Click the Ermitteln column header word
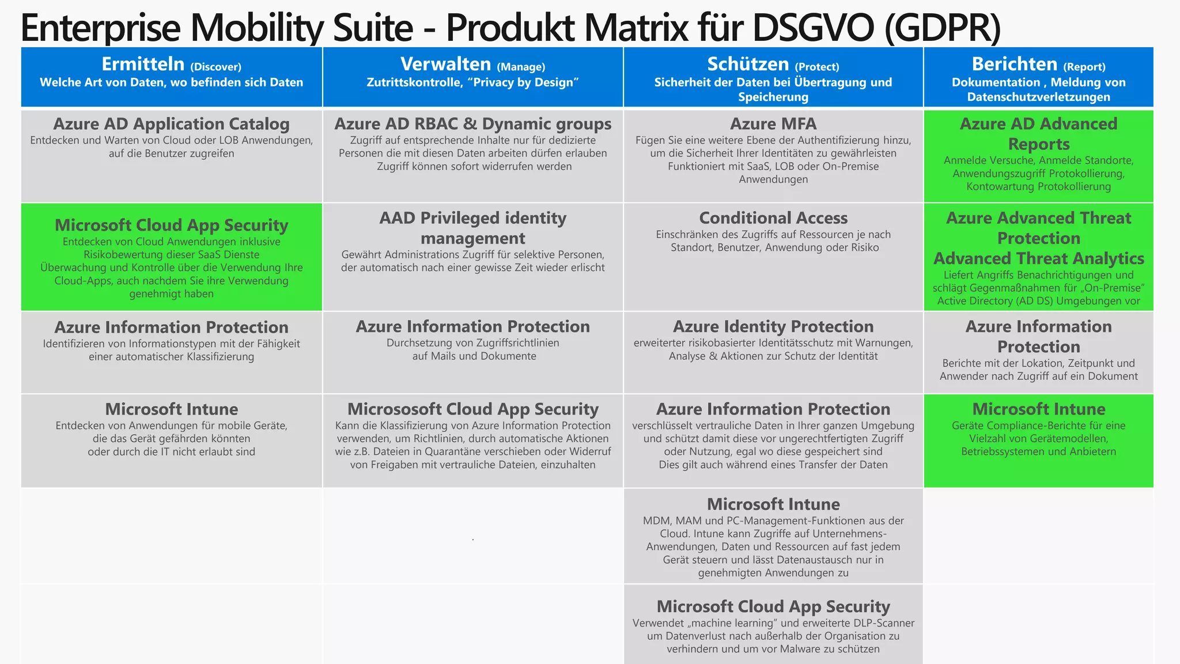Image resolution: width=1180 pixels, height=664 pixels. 143,64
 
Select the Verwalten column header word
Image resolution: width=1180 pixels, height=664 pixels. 445,64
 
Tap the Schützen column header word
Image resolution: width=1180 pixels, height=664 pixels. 748,64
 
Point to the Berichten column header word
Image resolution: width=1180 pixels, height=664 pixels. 1014,64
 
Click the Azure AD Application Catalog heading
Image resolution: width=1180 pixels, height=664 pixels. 171,124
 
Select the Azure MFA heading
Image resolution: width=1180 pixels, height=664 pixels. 773,124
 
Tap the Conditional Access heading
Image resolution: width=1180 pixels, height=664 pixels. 773,218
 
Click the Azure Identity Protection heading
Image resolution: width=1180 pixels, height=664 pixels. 773,327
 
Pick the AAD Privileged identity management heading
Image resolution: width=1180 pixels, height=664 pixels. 472,228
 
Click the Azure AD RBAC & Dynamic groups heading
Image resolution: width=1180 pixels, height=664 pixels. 472,124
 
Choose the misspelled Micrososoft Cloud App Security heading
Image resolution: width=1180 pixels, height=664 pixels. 472,409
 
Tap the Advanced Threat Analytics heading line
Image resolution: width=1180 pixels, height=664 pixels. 1038,258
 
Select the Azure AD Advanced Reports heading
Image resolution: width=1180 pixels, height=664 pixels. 1038,134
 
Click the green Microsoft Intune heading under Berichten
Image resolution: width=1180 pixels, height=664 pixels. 1038,409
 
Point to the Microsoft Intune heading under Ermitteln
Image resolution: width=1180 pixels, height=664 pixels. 171,409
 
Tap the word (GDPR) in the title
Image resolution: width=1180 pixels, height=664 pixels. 943,28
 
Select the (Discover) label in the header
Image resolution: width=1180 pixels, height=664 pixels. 215,67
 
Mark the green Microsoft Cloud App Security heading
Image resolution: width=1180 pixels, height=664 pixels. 171,225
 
